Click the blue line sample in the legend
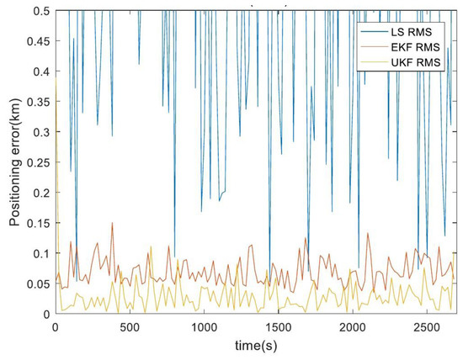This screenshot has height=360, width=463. (x=370, y=30)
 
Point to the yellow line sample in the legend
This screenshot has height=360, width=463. (x=370, y=64)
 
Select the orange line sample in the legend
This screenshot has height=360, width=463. (x=370, y=47)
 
